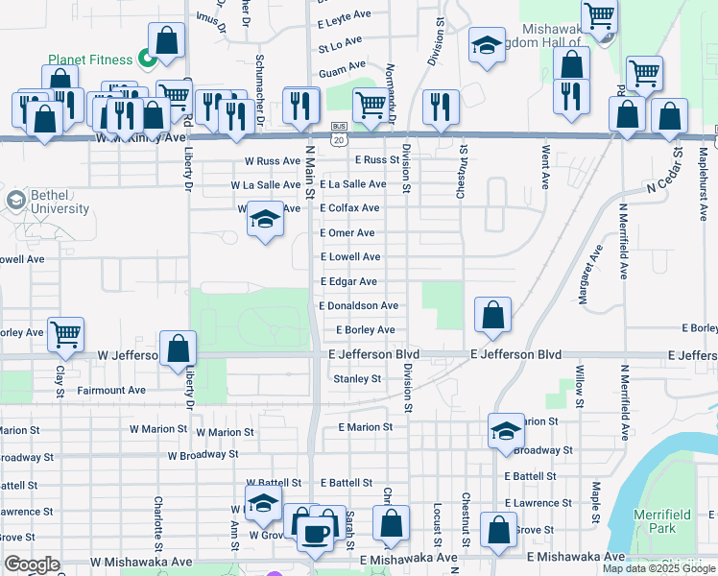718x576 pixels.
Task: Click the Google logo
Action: pos(32,564)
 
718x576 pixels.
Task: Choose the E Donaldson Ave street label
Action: pos(358,305)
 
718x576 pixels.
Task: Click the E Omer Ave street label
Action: pos(347,232)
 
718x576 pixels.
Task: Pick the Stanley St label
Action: pos(357,379)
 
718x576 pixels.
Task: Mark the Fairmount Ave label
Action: pos(111,391)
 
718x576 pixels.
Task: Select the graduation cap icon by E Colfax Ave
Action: pos(266,220)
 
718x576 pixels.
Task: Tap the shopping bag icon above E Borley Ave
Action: pos(492,315)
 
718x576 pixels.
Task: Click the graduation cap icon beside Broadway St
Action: pos(506,431)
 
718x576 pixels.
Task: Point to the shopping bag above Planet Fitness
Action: pos(166,40)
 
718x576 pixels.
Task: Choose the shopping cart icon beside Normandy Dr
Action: pos(370,105)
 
